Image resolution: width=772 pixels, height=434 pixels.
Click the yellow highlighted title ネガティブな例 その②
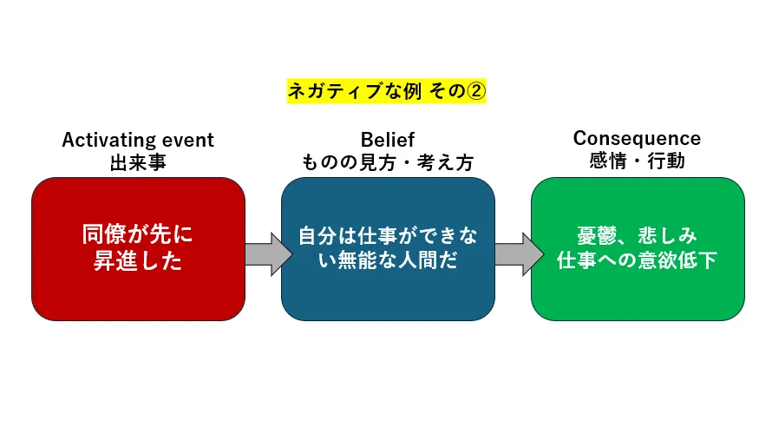coord(386,90)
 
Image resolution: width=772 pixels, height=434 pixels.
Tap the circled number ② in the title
coord(475,90)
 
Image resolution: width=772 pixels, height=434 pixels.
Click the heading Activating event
coord(138,140)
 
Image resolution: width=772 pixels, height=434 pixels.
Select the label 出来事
coord(138,161)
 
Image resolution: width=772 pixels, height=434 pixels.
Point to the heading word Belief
coord(388,140)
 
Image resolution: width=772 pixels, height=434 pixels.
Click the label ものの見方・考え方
coord(388,161)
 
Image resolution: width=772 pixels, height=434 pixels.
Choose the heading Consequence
coord(637,138)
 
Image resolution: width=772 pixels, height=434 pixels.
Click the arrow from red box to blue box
coord(265,253)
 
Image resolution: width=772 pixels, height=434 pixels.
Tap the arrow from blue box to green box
coord(514,253)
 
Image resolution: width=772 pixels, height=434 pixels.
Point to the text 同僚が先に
coord(138,235)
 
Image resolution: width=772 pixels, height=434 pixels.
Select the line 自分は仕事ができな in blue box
coord(388,237)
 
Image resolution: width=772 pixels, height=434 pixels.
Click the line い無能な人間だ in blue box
coord(388,260)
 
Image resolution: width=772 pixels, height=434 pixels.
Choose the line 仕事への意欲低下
coord(638,260)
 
